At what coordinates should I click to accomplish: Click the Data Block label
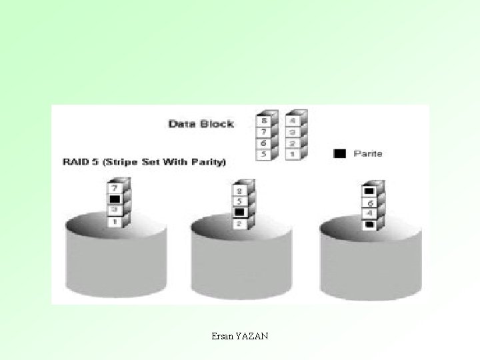tap(201, 124)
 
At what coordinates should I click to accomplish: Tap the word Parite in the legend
tap(367, 153)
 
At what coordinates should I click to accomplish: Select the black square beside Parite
tap(340, 153)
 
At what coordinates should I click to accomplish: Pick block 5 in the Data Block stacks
tap(263, 155)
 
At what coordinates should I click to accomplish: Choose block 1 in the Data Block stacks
tap(292, 155)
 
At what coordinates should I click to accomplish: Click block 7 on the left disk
tap(114, 189)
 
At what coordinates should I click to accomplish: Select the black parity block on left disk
tap(114, 199)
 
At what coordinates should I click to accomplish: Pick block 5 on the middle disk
tap(240, 201)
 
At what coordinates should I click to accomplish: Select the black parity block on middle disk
tap(240, 212)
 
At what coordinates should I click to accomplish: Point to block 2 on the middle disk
tap(240, 224)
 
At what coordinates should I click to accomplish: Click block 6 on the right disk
tap(369, 202)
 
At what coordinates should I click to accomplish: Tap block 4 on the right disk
tap(369, 213)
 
